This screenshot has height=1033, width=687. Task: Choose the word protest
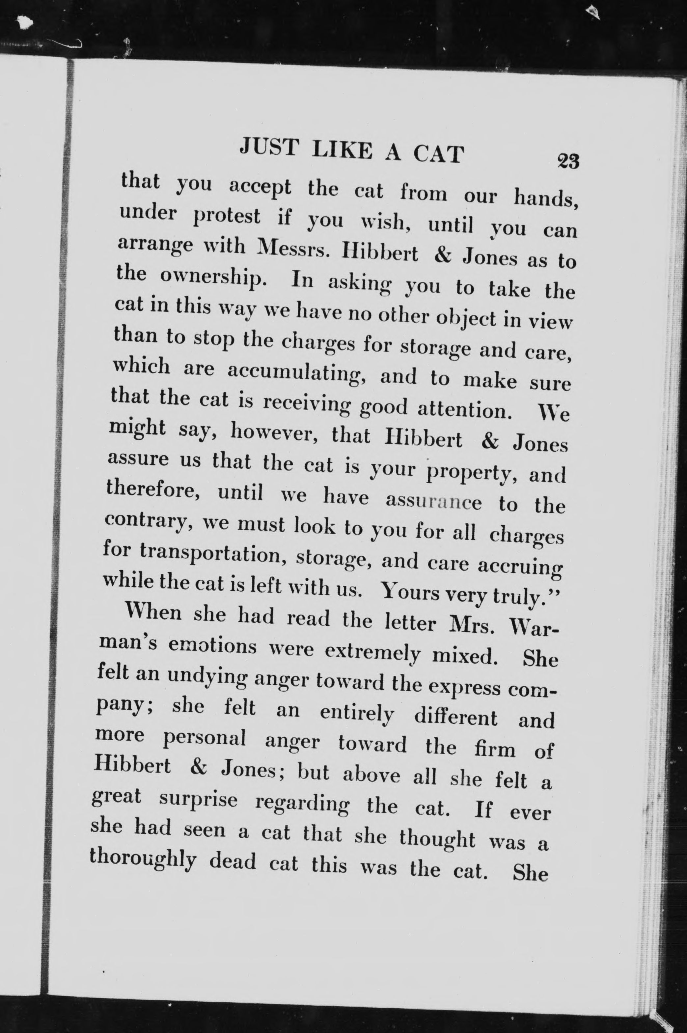click(227, 218)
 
